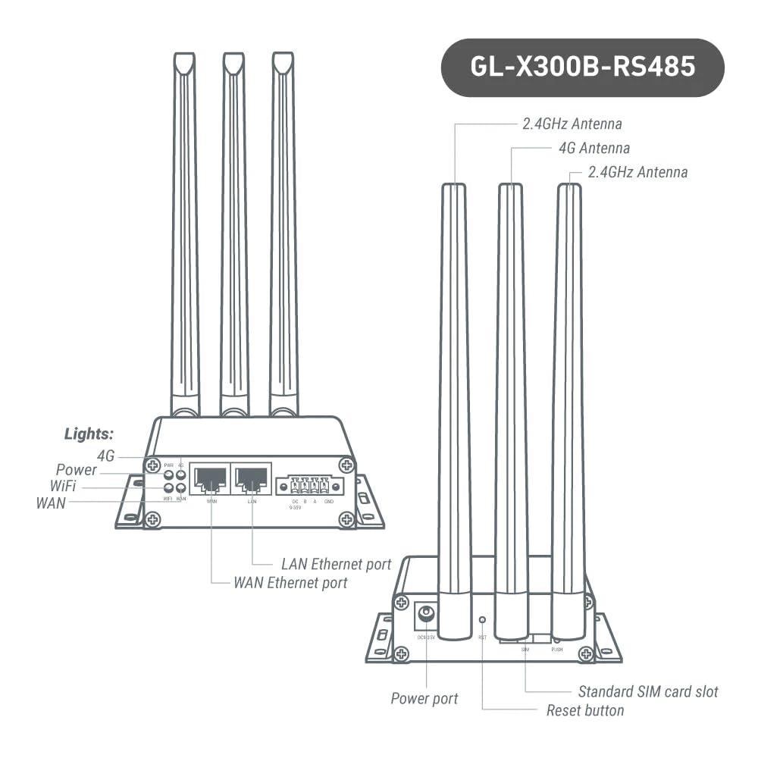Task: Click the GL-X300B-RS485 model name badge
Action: (582, 67)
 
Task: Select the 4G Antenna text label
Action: (594, 148)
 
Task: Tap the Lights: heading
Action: (89, 434)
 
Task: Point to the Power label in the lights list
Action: (77, 470)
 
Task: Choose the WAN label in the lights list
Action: (51, 503)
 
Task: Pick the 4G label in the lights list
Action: (105, 456)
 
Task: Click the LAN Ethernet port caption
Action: (336, 564)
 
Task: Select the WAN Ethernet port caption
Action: (290, 583)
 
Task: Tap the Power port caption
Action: (424, 698)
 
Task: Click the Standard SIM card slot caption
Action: (648, 691)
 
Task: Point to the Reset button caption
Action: (585, 710)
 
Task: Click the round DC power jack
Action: (426, 614)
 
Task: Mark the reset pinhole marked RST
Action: (482, 620)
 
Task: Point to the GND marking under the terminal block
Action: (329, 502)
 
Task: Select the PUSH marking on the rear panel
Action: (557, 650)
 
